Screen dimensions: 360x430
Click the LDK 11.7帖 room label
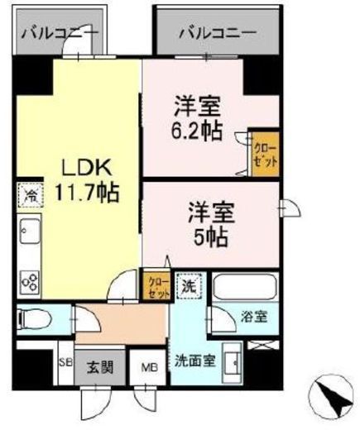87,180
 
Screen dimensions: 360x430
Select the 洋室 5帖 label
211,225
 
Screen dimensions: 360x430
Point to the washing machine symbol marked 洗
190,286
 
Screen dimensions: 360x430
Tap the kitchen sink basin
31,231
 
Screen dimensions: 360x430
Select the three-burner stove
30,282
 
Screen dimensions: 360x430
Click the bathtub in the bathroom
245,288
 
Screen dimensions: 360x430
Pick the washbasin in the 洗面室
233,363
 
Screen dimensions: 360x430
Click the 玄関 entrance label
100,367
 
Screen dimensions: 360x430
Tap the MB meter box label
149,368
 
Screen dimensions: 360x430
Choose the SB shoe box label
66,362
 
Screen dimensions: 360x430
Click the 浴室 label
254,317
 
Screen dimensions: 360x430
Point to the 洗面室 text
195,361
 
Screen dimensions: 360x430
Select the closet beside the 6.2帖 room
265,154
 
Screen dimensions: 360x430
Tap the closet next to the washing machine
156,285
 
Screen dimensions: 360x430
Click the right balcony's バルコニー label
218,33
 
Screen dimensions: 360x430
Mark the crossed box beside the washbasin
263,345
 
